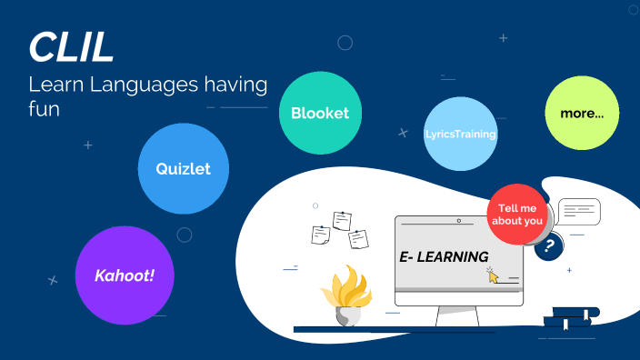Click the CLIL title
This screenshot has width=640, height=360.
pyautogui.click(x=71, y=47)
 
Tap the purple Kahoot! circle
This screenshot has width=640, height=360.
pyautogui.click(x=125, y=275)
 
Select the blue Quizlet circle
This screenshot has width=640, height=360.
pyautogui.click(x=183, y=168)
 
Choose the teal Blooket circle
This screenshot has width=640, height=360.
pyautogui.click(x=320, y=113)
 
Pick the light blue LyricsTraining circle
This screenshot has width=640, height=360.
pyautogui.click(x=461, y=134)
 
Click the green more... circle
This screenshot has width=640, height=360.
pyautogui.click(x=582, y=114)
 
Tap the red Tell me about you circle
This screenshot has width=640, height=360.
pyautogui.click(x=520, y=214)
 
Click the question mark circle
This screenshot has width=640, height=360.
pyautogui.click(x=549, y=245)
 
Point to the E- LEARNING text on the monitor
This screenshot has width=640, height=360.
pyautogui.click(x=444, y=257)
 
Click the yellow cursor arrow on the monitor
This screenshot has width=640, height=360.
pyautogui.click(x=494, y=275)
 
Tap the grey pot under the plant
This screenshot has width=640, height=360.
pyautogui.click(x=347, y=316)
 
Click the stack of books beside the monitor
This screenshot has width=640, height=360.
pyautogui.click(x=570, y=316)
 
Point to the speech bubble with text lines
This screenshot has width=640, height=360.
pyautogui.click(x=578, y=213)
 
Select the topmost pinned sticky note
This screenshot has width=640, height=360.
pyautogui.click(x=343, y=220)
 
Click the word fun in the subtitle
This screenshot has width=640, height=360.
pyautogui.click(x=44, y=109)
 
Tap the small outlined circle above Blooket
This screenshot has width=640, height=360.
pyautogui.click(x=345, y=43)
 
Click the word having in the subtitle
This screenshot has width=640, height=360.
pyautogui.click(x=235, y=86)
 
